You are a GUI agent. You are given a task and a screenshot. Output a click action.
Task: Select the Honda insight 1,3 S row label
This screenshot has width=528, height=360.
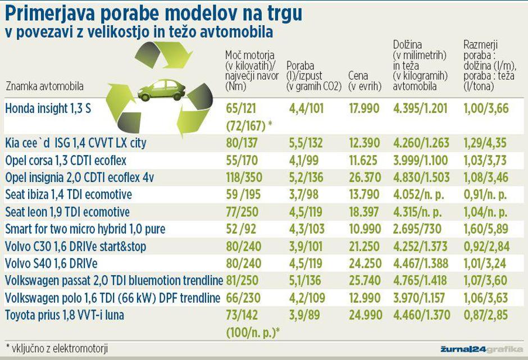48,109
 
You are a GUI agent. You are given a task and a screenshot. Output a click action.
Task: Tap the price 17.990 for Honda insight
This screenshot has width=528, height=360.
363,109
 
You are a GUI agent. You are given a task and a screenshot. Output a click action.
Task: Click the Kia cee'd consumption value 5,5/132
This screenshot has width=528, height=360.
307,143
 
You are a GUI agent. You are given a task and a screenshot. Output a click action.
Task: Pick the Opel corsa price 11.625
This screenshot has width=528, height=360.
363,160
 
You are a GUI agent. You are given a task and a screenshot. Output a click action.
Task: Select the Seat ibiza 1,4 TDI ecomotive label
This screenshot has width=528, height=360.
69,195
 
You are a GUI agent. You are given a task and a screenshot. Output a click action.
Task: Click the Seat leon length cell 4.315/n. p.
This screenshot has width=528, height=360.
421,212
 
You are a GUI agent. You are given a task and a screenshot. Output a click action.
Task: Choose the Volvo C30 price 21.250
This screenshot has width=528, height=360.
363,247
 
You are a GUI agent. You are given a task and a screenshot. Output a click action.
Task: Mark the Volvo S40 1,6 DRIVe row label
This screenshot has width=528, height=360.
51,264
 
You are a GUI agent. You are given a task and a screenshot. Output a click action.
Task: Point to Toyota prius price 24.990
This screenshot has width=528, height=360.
363,316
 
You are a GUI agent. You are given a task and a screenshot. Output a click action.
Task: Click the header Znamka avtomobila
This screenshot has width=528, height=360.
44,87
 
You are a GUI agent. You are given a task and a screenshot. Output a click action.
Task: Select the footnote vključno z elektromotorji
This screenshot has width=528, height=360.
57,348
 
